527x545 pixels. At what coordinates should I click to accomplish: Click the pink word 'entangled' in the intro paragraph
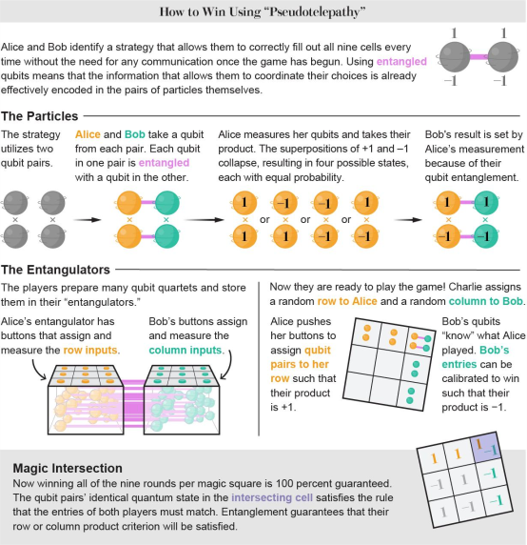pyautogui.click(x=401, y=62)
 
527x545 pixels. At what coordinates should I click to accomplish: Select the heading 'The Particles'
pyautogui.click(x=40, y=116)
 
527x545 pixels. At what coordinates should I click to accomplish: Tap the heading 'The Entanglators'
pyautogui.click(x=55, y=270)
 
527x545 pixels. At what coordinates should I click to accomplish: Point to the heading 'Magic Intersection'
pyautogui.click(x=68, y=468)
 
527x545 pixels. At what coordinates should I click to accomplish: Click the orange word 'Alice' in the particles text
pyautogui.click(x=88, y=134)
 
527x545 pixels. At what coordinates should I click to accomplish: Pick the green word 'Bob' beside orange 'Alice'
pyautogui.click(x=135, y=134)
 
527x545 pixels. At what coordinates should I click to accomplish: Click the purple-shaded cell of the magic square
pyautogui.click(x=485, y=447)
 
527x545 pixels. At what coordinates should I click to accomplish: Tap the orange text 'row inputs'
pyautogui.click(x=90, y=350)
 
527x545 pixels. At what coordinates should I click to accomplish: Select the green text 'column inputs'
pyautogui.click(x=185, y=350)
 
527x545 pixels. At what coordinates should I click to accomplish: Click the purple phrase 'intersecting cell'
pyautogui.click(x=272, y=497)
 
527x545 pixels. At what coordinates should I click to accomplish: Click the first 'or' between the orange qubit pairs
pyautogui.click(x=264, y=220)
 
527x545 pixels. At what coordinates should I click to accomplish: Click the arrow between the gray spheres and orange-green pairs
pyautogui.click(x=88, y=220)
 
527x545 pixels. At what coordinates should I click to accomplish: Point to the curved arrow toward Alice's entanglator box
pyautogui.click(x=38, y=370)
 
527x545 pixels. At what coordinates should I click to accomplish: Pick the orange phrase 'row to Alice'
pyautogui.click(x=347, y=301)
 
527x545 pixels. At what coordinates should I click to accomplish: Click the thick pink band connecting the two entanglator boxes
pyautogui.click(x=134, y=403)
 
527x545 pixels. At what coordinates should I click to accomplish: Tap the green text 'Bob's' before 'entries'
pyautogui.click(x=495, y=350)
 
